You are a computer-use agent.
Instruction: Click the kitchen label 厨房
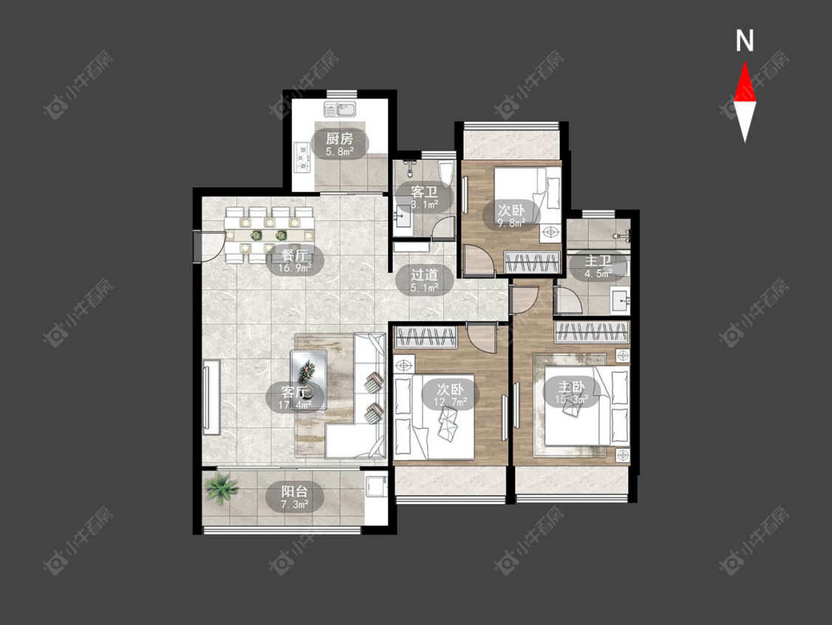[339, 139]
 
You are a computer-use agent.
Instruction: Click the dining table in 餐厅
[269, 235]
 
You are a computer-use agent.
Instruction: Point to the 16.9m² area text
[295, 268]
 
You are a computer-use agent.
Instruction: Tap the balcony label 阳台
[294, 491]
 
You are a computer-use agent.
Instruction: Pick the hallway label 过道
[424, 275]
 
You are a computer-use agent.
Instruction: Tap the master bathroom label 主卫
[598, 261]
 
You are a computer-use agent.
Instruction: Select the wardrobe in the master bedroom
[592, 332]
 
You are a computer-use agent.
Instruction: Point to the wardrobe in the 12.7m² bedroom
[425, 337]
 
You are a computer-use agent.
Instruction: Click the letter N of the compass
[745, 41]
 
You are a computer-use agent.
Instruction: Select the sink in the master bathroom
[620, 301]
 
